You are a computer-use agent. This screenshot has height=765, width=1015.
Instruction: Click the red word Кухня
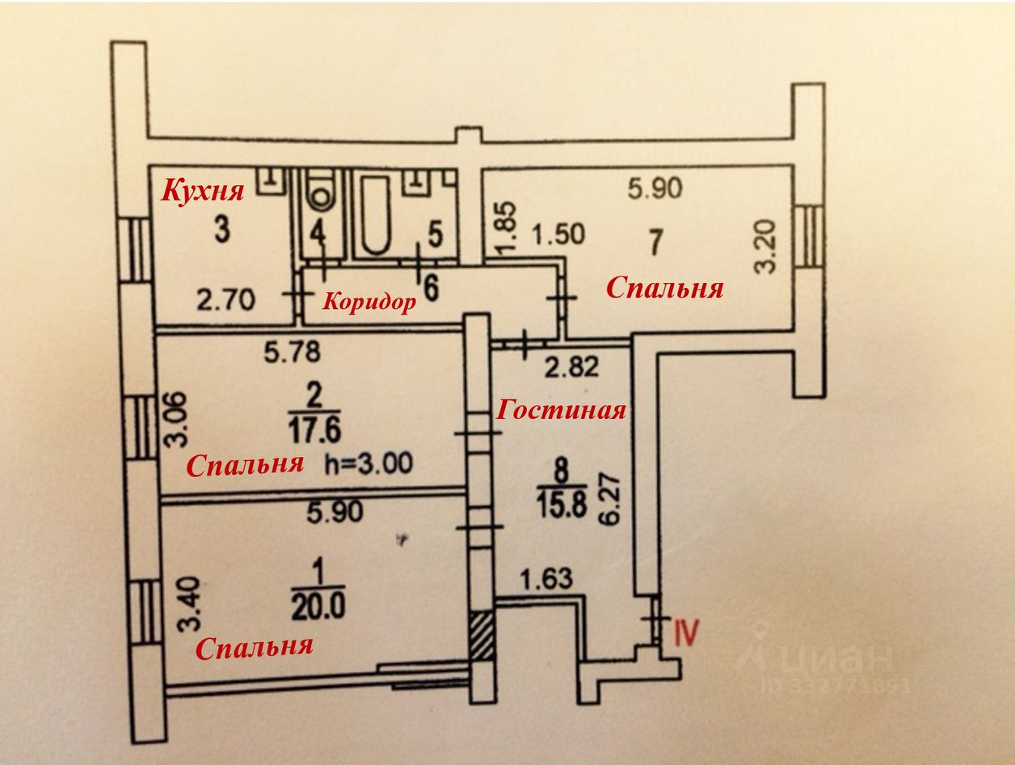point(202,191)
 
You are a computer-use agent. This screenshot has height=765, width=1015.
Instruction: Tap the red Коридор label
point(369,303)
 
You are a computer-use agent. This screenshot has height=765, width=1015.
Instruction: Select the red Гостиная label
point(561,410)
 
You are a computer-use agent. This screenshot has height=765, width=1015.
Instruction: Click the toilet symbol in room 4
point(321,189)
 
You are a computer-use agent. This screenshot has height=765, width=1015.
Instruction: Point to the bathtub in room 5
point(377,215)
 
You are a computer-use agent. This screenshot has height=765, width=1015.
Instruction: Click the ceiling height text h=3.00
point(369,463)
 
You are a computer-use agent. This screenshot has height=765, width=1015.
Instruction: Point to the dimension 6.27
point(610,498)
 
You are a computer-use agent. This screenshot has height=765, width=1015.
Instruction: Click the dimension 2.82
point(571,367)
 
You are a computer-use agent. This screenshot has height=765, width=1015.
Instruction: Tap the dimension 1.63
point(546,579)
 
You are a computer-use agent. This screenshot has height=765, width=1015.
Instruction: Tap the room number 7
point(655,243)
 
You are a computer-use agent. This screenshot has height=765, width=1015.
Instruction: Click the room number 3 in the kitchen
point(222,230)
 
